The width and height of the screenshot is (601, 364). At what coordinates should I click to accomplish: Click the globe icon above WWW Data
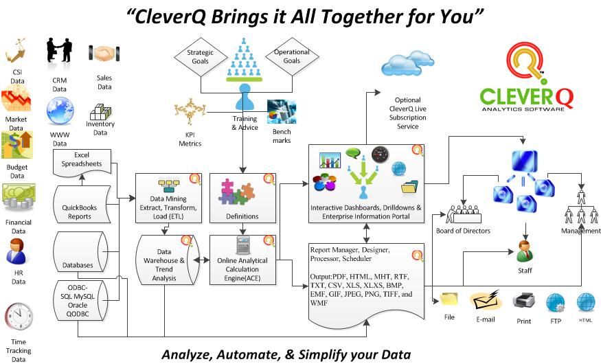coord(60,111)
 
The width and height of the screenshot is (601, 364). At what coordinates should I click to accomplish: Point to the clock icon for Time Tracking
coord(19,317)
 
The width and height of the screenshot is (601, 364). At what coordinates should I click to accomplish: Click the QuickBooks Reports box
coord(81,204)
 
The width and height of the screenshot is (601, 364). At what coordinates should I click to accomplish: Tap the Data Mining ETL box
coord(168,199)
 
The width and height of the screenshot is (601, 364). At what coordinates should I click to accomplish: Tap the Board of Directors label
coord(463,231)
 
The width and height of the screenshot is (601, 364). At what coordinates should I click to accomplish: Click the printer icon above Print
coord(523,301)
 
